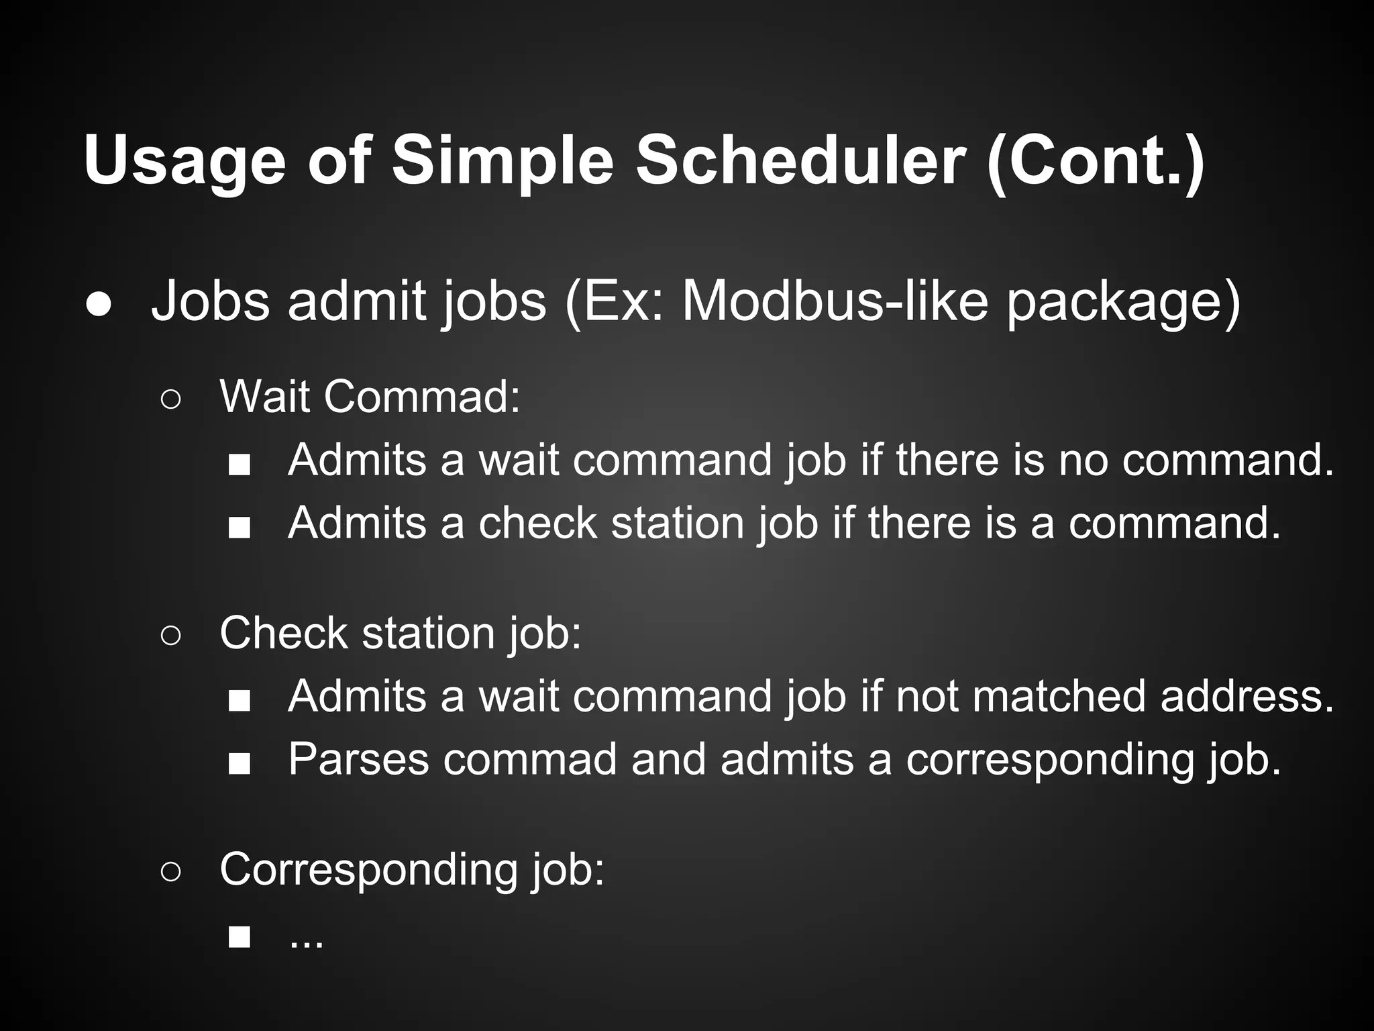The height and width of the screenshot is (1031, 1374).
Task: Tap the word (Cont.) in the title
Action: coord(1096,161)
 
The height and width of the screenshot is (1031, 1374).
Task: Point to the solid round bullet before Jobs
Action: coord(99,304)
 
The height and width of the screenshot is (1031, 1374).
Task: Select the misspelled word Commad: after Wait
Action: coord(422,396)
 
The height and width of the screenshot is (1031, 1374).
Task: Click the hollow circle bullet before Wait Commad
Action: coord(170,400)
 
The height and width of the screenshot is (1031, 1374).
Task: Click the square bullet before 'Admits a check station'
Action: coord(239,528)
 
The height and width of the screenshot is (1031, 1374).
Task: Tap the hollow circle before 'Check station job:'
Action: coord(170,636)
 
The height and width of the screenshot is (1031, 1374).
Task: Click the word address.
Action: coord(1247,695)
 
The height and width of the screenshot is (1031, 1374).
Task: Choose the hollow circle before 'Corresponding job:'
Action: coord(170,872)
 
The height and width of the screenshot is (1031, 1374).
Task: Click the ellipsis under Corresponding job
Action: coord(306,938)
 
